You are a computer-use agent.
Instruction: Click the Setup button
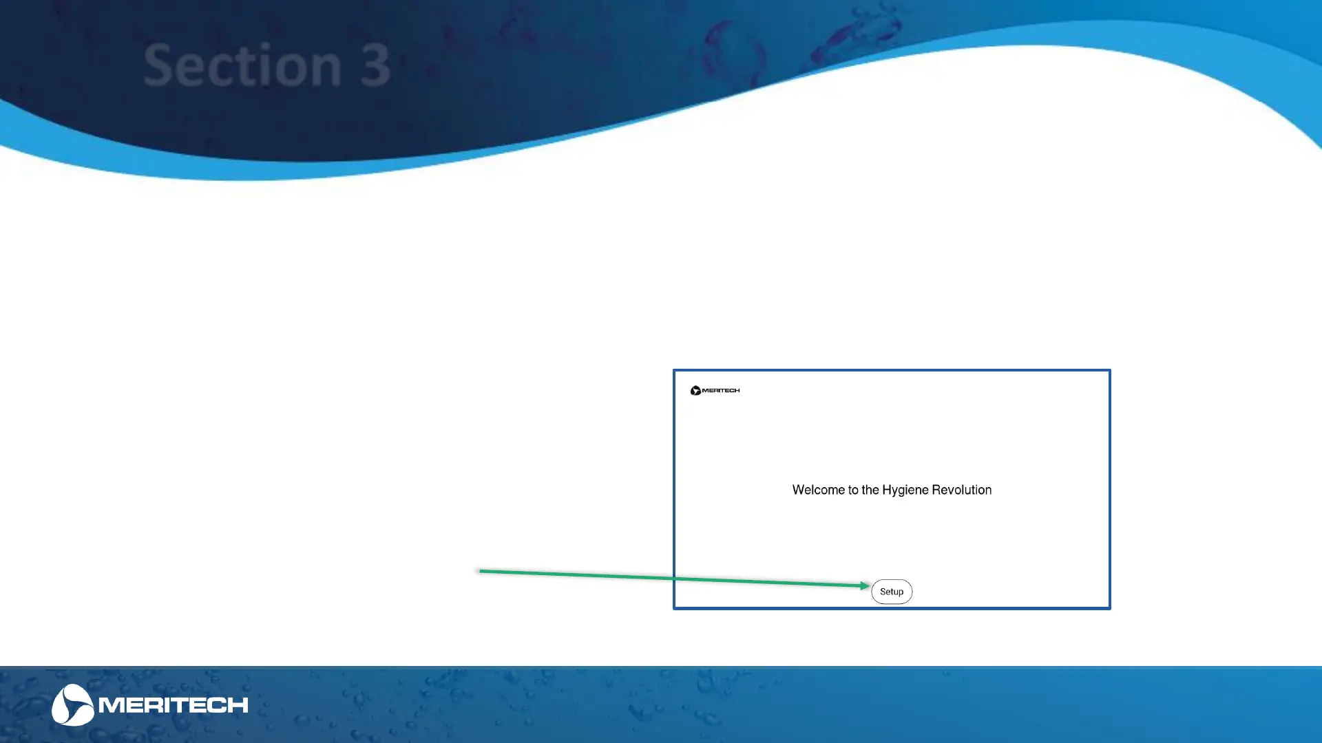892,592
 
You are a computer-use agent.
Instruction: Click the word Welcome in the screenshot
818,490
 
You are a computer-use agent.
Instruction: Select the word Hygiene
905,491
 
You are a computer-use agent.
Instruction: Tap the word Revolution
961,490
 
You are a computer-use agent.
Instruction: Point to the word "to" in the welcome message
853,490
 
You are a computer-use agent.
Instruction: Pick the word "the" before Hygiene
870,490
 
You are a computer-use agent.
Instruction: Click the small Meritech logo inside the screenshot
715,391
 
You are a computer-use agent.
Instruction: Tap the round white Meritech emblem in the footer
72,704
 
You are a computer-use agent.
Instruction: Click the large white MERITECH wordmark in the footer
174,705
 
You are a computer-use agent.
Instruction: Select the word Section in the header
242,65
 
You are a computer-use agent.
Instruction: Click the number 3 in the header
375,66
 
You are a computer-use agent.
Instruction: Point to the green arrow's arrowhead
866,585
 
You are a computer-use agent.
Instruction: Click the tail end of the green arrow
480,571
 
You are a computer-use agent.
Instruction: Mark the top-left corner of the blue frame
673,370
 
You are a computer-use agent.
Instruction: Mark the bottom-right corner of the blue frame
1110,609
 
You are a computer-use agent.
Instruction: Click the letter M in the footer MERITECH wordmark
110,705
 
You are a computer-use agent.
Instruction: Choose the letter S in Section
158,65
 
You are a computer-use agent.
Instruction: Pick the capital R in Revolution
936,490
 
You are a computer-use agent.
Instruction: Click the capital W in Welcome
799,490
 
